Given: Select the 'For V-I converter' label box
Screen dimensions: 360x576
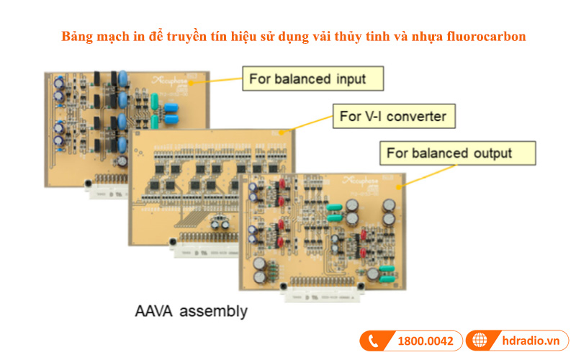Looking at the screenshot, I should tap(395, 115).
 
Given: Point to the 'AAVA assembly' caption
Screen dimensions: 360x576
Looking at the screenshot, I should tap(191, 312).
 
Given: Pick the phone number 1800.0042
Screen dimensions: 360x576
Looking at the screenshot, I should tap(426, 341).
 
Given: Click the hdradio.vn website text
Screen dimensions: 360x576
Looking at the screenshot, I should tap(530, 341).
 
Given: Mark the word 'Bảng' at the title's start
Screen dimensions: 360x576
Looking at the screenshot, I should tap(76, 35).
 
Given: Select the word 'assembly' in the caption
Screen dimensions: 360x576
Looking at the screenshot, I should tap(215, 312).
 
